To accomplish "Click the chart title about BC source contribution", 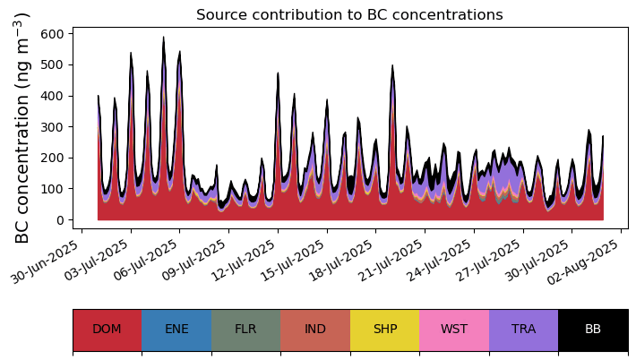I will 349,15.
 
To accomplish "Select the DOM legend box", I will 107,330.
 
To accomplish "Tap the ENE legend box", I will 176,330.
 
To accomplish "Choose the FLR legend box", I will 245,330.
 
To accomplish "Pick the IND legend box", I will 315,330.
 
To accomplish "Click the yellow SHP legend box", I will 384,330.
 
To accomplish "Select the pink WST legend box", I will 454,330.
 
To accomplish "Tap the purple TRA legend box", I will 523,330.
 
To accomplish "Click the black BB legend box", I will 593,330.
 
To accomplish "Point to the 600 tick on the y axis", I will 52,34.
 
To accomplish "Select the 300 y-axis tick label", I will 52,127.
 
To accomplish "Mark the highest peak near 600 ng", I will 163,39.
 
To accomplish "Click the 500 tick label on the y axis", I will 52,65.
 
